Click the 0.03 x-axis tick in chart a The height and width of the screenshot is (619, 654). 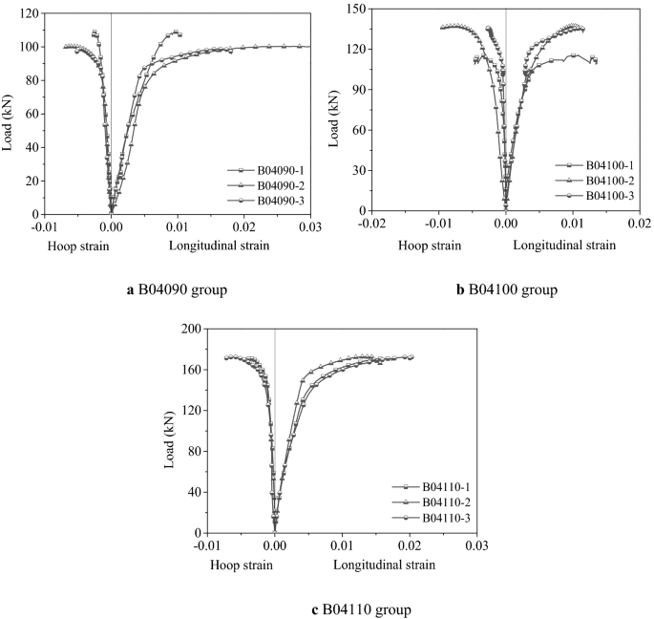(311, 227)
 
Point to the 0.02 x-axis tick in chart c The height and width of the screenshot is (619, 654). (410, 546)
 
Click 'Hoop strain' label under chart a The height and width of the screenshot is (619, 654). (77, 245)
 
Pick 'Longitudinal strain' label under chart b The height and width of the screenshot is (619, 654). (564, 245)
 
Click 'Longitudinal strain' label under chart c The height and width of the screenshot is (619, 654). (385, 565)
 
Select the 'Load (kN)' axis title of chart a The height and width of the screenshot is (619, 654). (9, 115)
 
